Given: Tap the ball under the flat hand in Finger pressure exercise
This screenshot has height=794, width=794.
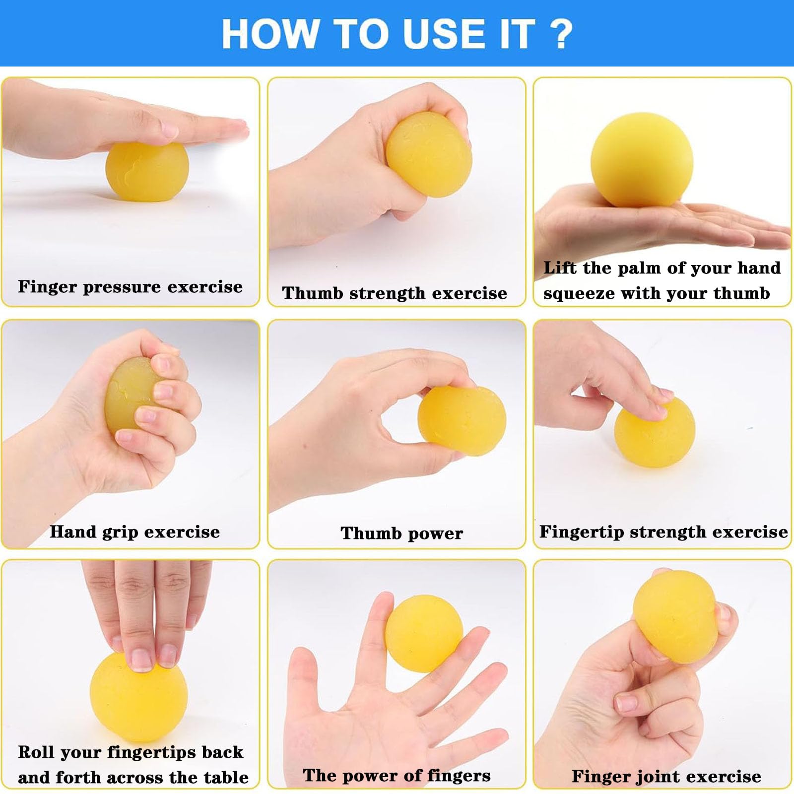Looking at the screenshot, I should click(x=147, y=172).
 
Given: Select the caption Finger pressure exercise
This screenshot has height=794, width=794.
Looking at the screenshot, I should click(x=130, y=287).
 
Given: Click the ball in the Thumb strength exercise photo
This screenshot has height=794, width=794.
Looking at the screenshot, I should click(x=428, y=154).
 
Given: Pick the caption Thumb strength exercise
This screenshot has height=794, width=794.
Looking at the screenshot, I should click(x=395, y=293).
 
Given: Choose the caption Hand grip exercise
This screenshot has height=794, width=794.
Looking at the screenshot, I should click(x=134, y=532).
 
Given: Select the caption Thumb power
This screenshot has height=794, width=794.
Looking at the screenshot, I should click(x=401, y=533).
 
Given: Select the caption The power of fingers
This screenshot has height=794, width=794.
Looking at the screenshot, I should click(x=397, y=775).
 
